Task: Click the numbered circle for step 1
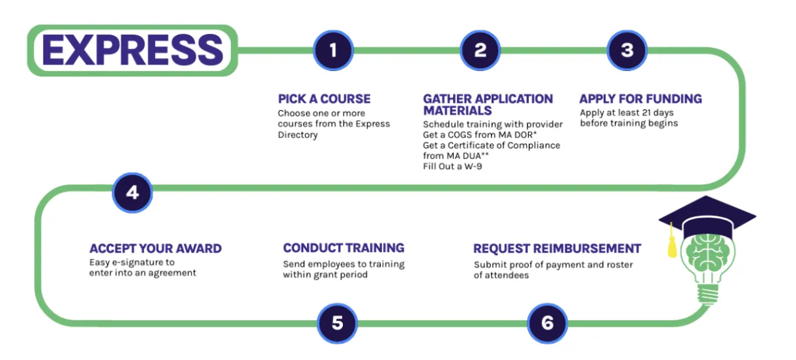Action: (x=333, y=50)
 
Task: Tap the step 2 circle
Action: (x=480, y=50)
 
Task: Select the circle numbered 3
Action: (x=627, y=50)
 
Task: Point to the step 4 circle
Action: (x=132, y=193)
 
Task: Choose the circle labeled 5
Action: (x=337, y=323)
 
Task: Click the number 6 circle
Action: (x=547, y=323)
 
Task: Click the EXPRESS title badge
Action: (x=133, y=50)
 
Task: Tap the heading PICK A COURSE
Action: (x=324, y=99)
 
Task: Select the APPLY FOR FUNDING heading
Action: (x=641, y=99)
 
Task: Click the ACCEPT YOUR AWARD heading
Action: (x=155, y=249)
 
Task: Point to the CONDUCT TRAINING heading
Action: (x=344, y=248)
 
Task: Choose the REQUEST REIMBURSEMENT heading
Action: (x=557, y=249)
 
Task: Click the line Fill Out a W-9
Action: (x=452, y=166)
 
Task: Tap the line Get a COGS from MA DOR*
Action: (x=480, y=135)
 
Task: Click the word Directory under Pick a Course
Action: (x=298, y=135)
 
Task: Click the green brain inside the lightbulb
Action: (x=707, y=253)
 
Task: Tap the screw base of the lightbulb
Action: (x=708, y=294)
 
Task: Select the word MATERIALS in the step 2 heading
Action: (x=457, y=111)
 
